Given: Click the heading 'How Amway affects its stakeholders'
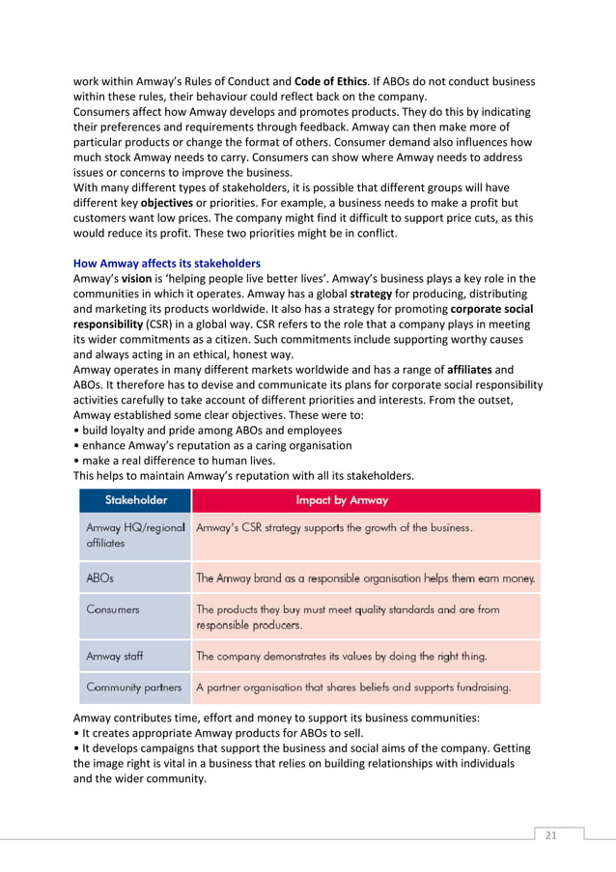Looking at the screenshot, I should tap(167, 263).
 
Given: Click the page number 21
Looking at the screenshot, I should tap(551, 835).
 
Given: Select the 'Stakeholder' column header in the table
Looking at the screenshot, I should tap(135, 500).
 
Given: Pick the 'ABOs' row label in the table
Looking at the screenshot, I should tap(100, 578).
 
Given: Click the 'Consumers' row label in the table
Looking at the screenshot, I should tap(113, 609).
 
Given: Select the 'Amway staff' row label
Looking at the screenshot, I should tap(115, 657).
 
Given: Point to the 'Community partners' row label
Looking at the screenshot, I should tap(133, 688).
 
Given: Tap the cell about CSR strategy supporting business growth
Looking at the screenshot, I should tap(334, 528).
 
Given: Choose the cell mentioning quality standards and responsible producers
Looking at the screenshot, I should tap(348, 617).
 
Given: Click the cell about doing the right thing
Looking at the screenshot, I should tap(341, 657).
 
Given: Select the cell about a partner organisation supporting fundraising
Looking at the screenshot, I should tap(353, 688).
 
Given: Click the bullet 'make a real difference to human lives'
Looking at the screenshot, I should tap(175, 460).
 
